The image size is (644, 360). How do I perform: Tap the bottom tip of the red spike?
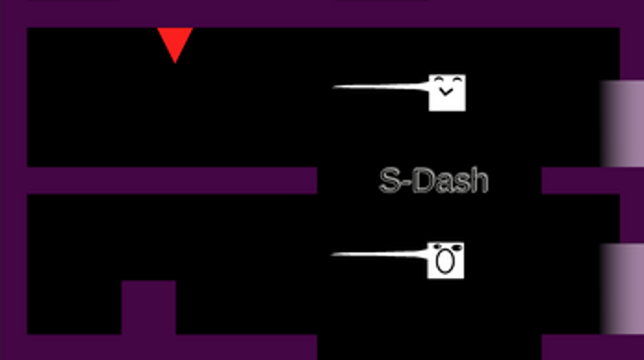pos(175,64)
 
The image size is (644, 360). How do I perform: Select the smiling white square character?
pos(447,93)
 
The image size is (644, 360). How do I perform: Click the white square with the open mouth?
pos(446,260)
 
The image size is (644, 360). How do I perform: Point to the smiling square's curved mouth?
pos(446,92)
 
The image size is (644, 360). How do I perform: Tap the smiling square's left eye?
pos(439,79)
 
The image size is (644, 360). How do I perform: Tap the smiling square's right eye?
pos(456,79)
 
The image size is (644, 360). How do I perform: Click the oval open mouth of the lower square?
pos(446,262)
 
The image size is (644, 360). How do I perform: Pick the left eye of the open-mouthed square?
pos(437,247)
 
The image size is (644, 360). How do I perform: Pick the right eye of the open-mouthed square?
pos(456,248)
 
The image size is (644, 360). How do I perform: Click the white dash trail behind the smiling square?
pos(380,86)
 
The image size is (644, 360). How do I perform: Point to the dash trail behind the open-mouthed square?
pos(379,255)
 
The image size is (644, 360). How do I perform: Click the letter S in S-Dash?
pos(389,180)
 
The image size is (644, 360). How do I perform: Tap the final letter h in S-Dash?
pos(479,180)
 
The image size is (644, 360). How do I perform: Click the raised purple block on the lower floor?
pos(149,307)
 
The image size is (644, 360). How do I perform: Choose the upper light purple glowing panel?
pos(622,124)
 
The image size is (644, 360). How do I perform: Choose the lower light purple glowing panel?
pos(622,289)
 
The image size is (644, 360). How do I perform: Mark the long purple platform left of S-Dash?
pos(172,180)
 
